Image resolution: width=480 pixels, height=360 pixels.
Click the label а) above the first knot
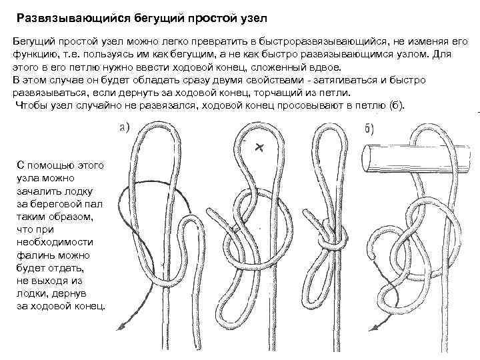click(x=125, y=127)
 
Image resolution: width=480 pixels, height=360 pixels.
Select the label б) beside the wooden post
click(x=369, y=129)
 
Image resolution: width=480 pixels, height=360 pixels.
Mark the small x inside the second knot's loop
click(x=259, y=147)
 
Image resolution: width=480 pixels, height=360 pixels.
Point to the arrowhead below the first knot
click(x=121, y=326)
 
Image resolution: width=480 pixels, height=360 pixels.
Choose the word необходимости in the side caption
click(x=55, y=242)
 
